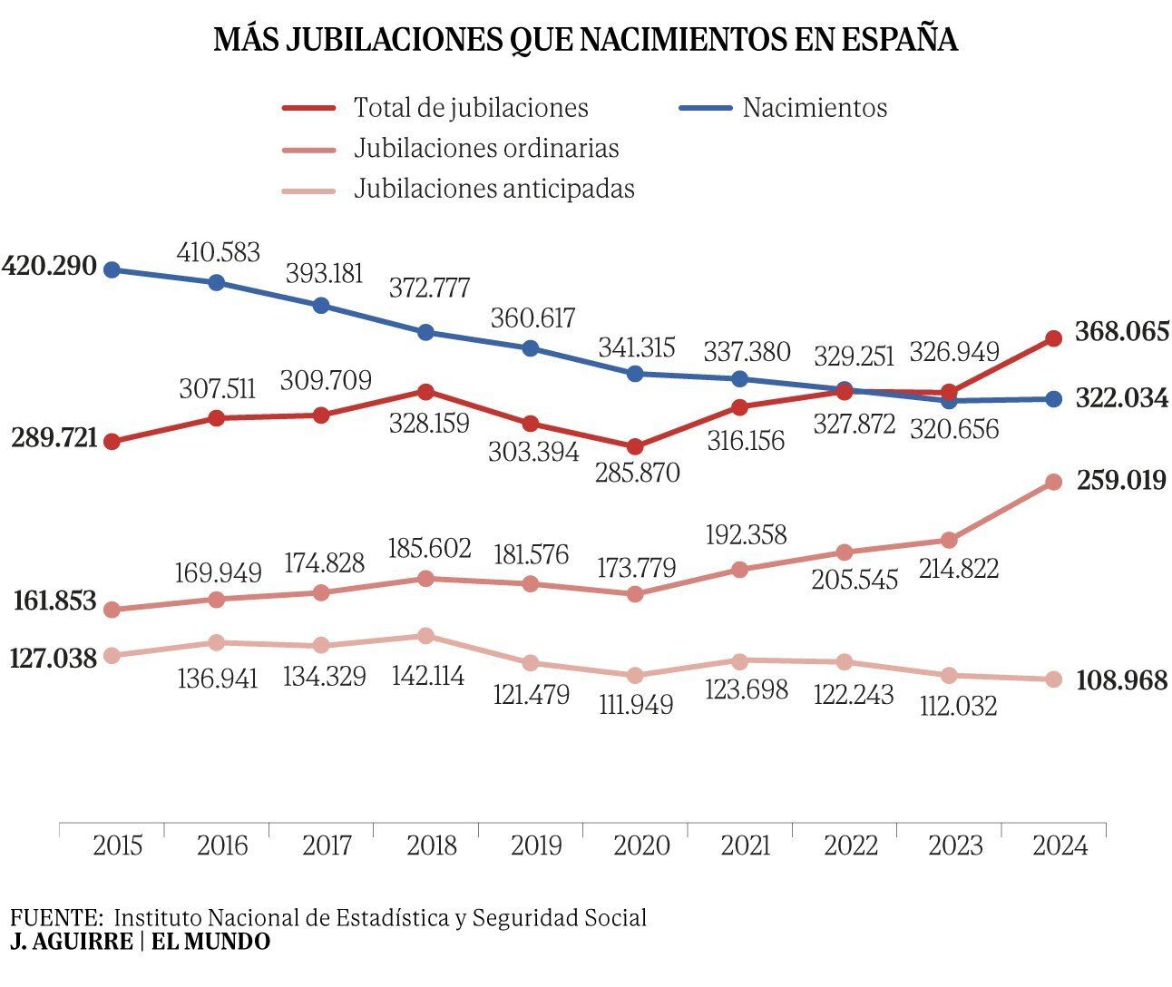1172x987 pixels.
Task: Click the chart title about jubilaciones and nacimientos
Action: [x=585, y=40]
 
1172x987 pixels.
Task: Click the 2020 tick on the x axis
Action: [x=641, y=845]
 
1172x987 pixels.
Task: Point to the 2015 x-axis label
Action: [x=118, y=845]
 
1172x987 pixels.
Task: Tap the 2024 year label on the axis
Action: [x=1060, y=845]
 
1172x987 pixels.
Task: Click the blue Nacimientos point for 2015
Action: [x=112, y=269]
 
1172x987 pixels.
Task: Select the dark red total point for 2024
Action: [x=1053, y=338]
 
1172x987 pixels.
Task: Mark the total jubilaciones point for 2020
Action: [x=635, y=446]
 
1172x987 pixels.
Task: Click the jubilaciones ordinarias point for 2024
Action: [x=1053, y=482]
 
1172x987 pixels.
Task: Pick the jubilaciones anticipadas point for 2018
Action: [x=425, y=636]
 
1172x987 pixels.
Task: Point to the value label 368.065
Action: [x=1121, y=332]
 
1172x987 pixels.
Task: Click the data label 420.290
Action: [x=50, y=267]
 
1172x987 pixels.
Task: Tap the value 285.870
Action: [x=637, y=473]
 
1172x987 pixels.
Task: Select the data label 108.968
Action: [x=1121, y=680]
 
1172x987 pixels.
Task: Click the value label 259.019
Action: [x=1121, y=480]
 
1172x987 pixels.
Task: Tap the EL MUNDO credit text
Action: [x=210, y=942]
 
